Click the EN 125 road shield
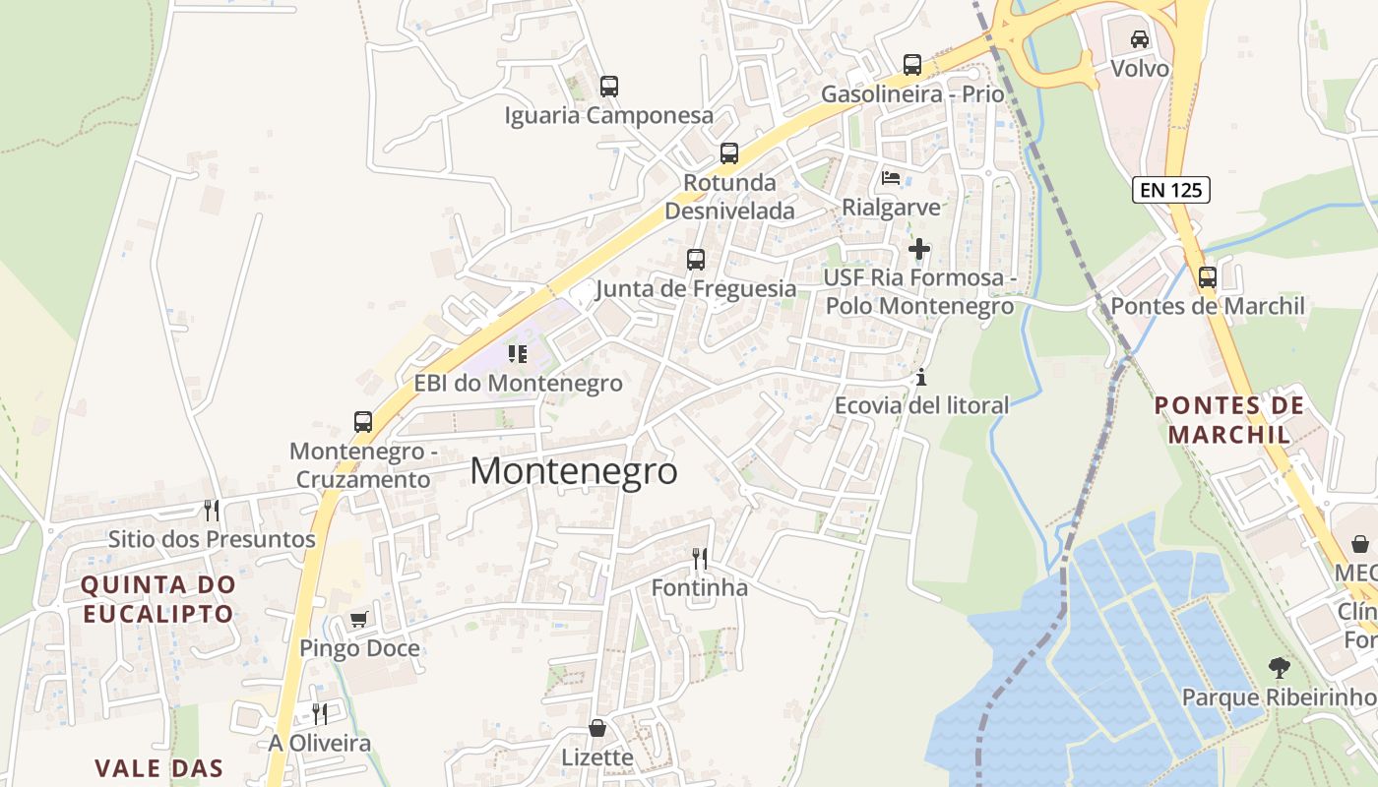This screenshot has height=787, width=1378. tap(1171, 190)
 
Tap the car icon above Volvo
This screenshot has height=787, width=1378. tap(1140, 39)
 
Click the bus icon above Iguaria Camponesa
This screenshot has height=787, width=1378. tap(609, 87)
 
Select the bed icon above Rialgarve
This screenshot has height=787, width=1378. tap(891, 178)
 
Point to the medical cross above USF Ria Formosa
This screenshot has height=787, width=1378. tap(919, 249)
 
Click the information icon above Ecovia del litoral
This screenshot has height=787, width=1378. tap(921, 377)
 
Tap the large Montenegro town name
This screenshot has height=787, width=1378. tap(574, 471)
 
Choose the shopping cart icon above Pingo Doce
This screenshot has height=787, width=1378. tap(359, 619)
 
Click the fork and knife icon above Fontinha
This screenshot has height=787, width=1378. tap(700, 559)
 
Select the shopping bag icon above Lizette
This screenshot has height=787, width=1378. tap(597, 728)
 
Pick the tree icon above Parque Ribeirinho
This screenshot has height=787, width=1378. tap(1279, 668)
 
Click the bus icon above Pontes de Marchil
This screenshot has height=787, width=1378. tap(1208, 277)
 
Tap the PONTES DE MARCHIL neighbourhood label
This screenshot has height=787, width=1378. tap(1228, 419)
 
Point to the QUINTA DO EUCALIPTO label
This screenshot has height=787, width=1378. tap(158, 599)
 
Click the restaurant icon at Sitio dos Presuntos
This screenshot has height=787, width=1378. tap(212, 510)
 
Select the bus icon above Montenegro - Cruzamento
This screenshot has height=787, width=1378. tap(363, 422)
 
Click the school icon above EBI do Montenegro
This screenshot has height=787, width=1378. tap(518, 353)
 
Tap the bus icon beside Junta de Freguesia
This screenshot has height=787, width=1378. tap(696, 260)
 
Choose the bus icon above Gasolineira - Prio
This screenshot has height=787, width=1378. tap(912, 65)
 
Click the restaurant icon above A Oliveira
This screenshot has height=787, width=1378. tap(319, 713)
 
